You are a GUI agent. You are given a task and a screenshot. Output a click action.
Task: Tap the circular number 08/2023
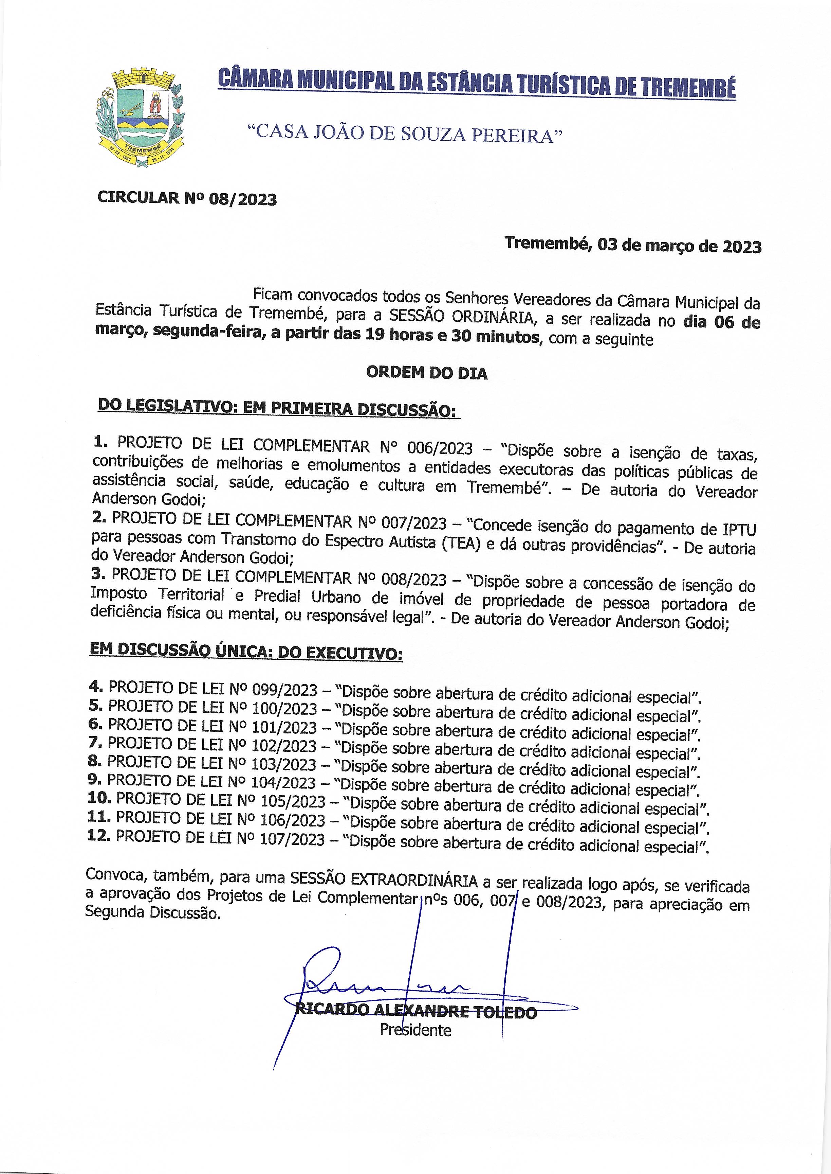pyautogui.click(x=243, y=199)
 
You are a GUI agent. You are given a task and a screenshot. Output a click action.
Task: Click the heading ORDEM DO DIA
pyautogui.click(x=427, y=373)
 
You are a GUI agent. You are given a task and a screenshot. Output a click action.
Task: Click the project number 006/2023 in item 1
pyautogui.click(x=440, y=448)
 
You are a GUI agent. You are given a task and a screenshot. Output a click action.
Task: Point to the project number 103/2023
pyautogui.click(x=283, y=764)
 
